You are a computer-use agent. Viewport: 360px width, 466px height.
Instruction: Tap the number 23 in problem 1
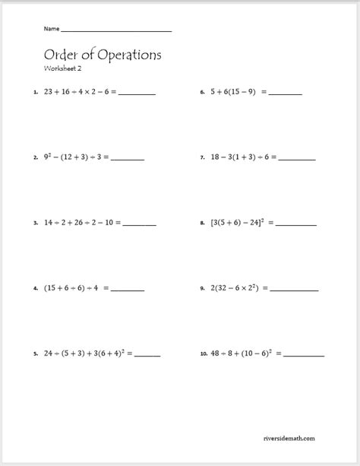(x=49, y=92)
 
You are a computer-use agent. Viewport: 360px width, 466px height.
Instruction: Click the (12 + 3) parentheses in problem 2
(x=78, y=158)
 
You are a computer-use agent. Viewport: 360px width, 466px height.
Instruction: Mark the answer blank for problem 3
(x=140, y=226)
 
